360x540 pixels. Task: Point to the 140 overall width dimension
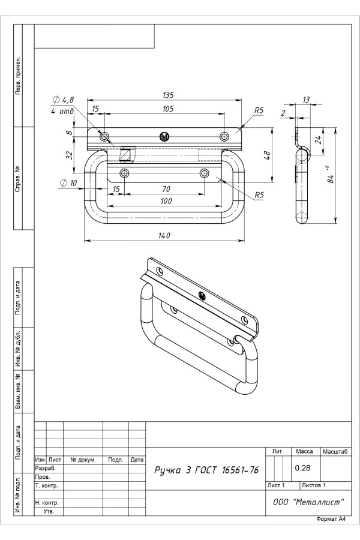164,235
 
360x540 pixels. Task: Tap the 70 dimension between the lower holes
166,189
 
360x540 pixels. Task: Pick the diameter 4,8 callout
63,100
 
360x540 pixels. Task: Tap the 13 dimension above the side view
306,100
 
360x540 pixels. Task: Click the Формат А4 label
331,518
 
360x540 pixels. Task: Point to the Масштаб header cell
337,451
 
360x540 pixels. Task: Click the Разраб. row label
46,467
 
